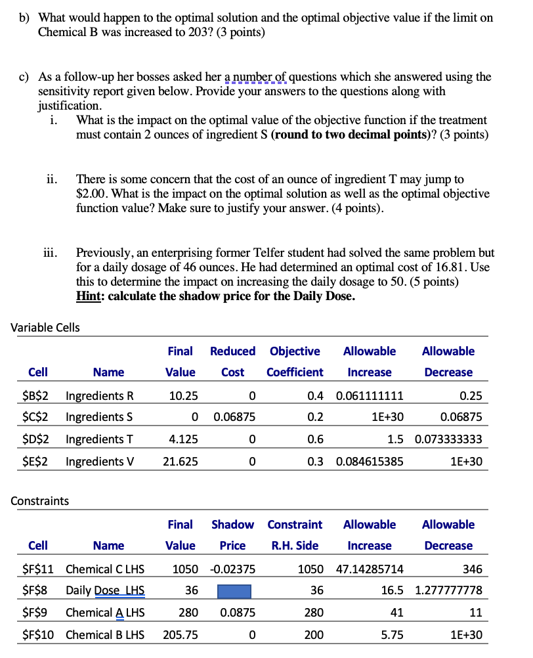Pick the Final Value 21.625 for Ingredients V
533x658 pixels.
click(181, 462)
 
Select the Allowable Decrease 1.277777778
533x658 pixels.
click(449, 591)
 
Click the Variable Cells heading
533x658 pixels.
click(45, 328)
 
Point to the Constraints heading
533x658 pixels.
click(40, 501)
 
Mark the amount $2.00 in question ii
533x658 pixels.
click(91, 194)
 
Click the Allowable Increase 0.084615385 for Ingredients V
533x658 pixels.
click(370, 462)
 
